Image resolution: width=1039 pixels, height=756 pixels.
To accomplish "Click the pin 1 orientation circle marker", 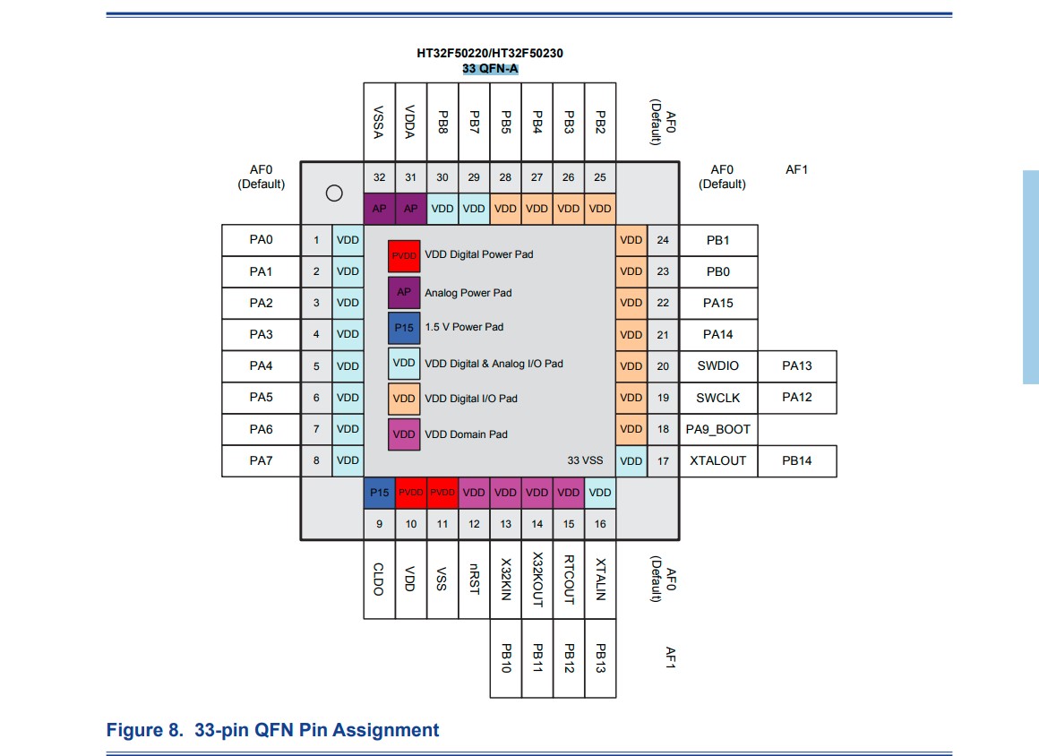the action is point(334,193).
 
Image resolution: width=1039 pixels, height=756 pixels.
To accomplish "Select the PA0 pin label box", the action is point(261,240).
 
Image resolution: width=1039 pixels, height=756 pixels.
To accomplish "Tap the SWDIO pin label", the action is point(717,365).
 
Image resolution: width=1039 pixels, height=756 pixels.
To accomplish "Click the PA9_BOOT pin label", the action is point(717,429).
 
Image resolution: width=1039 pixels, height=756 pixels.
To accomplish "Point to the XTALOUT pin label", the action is point(717,460).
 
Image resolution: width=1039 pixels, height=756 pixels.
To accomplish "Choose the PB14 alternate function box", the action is point(796,460).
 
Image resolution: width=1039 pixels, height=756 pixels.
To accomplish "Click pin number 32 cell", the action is point(379,177).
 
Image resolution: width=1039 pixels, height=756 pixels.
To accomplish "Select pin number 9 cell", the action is point(379,524).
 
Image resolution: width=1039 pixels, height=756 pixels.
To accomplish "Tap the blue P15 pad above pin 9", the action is point(379,493).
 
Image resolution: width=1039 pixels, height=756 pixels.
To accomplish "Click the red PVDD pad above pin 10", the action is point(411,493).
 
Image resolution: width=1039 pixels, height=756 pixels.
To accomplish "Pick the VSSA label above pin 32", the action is point(378,122).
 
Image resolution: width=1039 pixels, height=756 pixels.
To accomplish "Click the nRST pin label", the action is point(474,579).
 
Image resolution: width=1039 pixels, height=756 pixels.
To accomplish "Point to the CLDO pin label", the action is point(378,579).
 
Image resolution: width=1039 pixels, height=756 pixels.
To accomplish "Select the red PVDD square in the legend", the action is point(404,256).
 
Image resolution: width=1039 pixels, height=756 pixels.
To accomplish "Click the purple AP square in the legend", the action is point(404,292).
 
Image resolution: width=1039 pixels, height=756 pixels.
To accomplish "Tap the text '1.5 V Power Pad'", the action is point(464,327).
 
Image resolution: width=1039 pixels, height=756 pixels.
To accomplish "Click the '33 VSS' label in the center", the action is point(585,460).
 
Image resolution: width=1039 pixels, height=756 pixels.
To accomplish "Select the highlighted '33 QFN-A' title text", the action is point(490,69).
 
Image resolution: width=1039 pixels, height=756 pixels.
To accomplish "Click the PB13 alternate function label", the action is point(600,658).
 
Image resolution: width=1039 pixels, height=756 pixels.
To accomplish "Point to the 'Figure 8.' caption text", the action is point(144,730).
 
